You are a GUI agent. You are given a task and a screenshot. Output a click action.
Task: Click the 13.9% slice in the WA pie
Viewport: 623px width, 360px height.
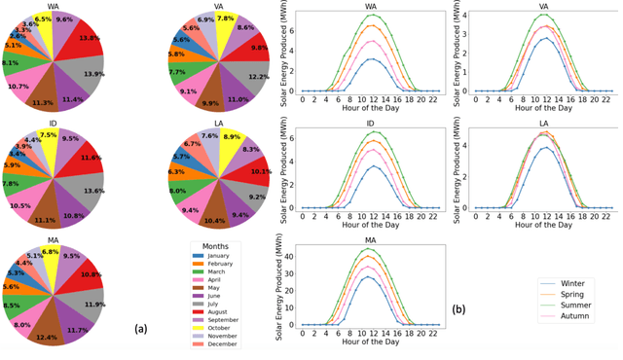click(91, 74)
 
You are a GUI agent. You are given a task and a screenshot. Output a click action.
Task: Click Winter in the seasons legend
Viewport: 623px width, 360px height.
click(571, 283)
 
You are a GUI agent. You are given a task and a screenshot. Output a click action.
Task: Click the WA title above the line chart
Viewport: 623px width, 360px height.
click(371, 7)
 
